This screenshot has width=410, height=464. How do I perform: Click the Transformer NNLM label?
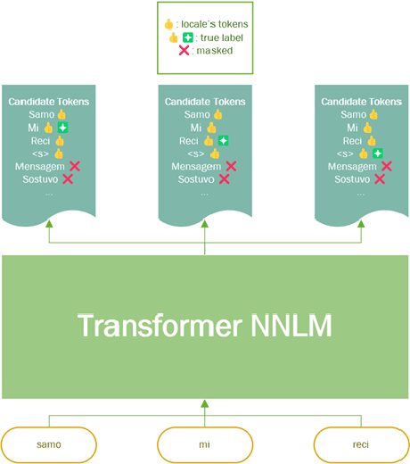(205, 326)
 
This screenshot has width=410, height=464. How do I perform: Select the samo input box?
(48, 443)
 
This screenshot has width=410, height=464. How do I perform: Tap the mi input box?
(205, 443)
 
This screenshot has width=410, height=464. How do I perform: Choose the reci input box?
(361, 443)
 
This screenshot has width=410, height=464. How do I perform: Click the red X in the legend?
(184, 51)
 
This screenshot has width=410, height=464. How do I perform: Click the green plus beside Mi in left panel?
(62, 128)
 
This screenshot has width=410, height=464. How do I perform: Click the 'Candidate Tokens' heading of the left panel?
(48, 102)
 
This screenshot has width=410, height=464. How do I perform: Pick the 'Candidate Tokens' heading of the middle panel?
(205, 102)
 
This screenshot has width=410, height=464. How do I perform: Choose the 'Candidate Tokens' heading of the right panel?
(361, 102)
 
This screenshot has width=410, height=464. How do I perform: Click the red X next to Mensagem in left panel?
(75, 166)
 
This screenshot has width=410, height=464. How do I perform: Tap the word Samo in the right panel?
(353, 115)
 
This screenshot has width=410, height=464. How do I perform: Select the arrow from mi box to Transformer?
(205, 414)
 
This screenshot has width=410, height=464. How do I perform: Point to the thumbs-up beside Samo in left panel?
(62, 114)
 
